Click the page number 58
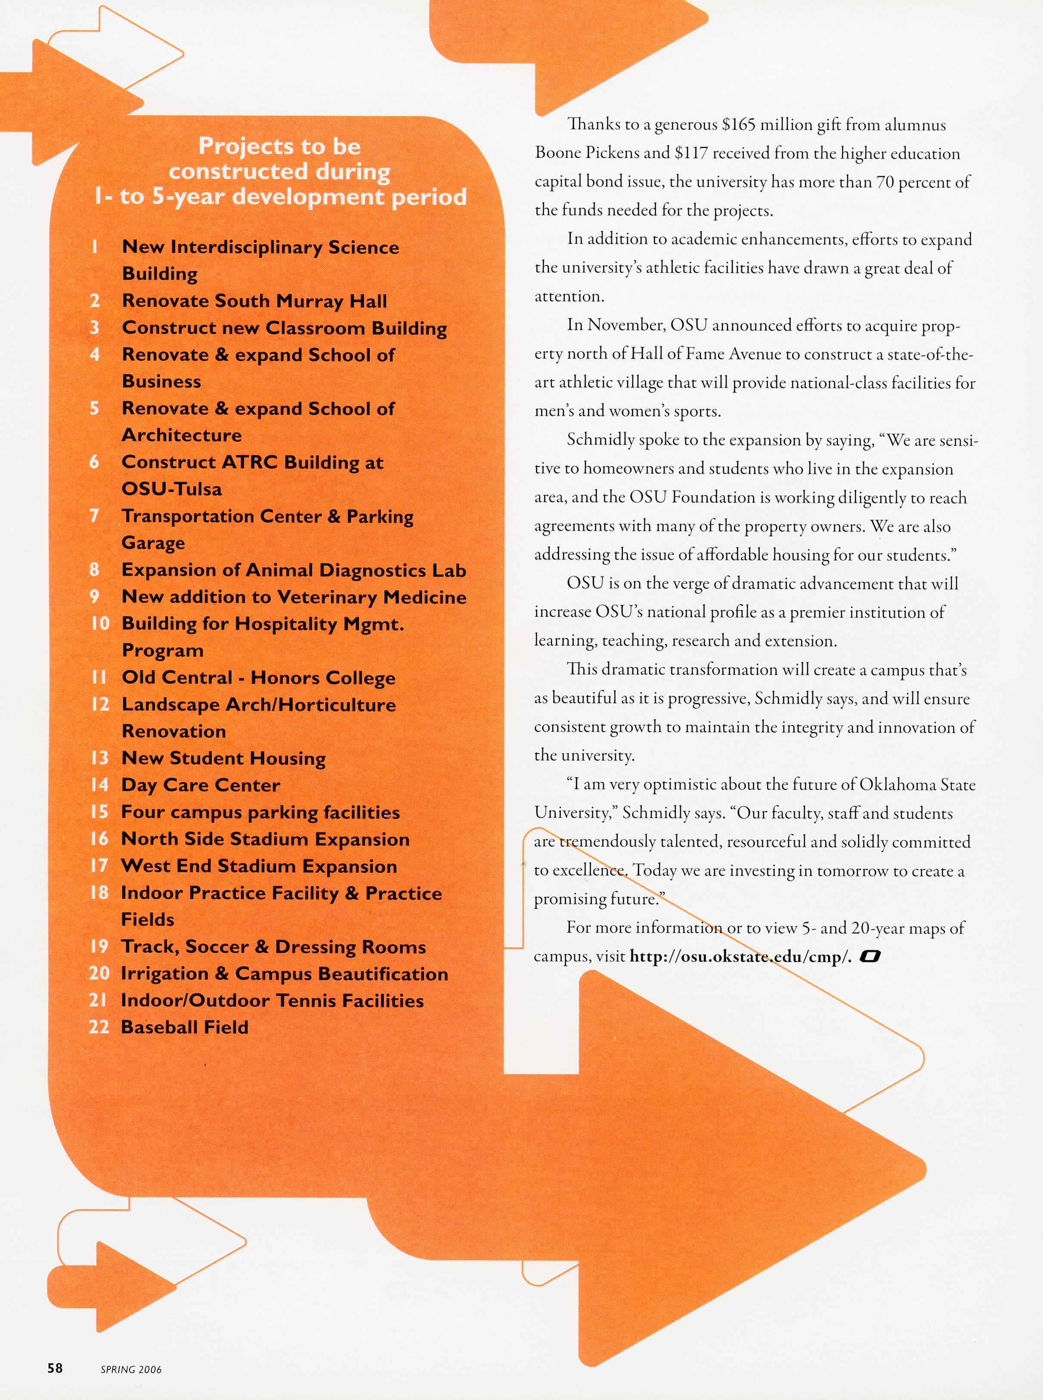55,1367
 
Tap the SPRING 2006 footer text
131,1369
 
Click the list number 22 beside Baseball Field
99,1027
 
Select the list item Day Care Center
200,785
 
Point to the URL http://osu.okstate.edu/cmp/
740,957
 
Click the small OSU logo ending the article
870,957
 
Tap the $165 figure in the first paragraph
738,124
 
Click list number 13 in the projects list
100,757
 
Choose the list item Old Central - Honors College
258,677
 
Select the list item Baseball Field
184,1027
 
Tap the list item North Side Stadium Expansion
265,839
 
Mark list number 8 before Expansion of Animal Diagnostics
94,569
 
